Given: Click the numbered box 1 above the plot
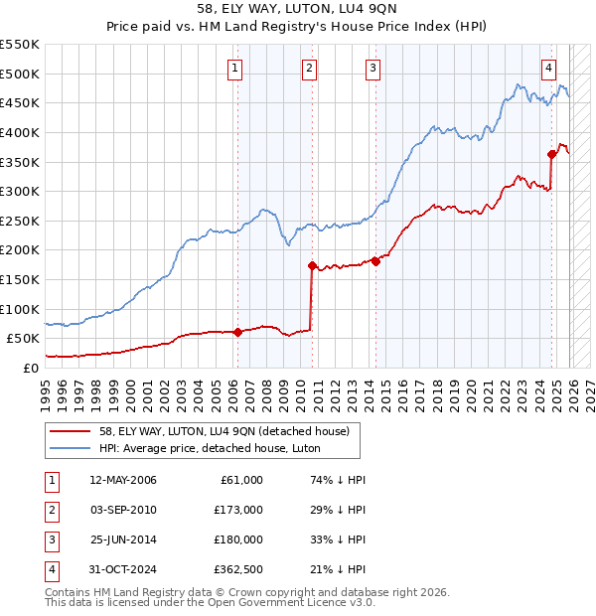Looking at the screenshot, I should point(235,69).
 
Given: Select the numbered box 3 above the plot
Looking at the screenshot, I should point(372,69).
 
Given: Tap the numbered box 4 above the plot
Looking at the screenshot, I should point(548,69).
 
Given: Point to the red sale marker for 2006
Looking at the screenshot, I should point(237,332).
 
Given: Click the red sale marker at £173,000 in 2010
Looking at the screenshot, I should point(312,266).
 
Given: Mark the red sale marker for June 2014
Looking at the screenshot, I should point(376,261).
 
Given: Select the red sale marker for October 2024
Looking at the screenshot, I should point(551,154).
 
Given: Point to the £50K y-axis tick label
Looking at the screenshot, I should point(24,338).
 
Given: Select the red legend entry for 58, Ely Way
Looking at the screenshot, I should point(223,431).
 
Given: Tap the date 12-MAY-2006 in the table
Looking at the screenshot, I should point(123,480).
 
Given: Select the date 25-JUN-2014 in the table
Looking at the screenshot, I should point(123,539).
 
